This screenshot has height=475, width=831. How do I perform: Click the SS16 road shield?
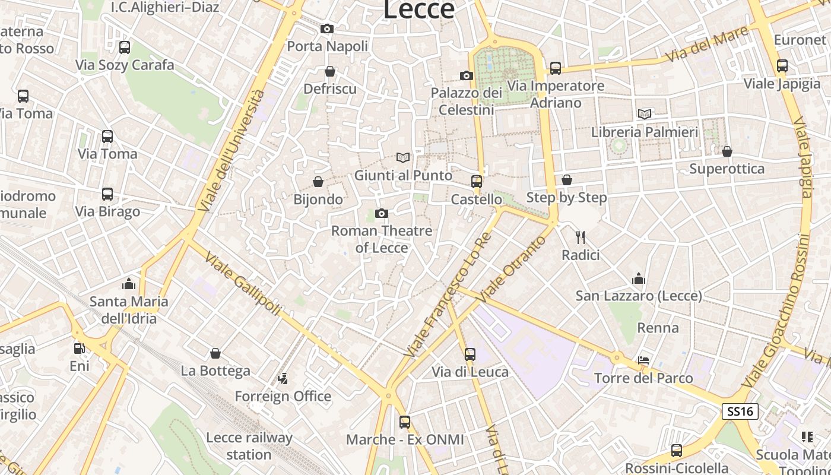tap(740, 411)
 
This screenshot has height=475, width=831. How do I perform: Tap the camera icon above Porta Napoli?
tap(326, 28)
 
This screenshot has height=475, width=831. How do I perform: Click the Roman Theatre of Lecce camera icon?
tap(382, 213)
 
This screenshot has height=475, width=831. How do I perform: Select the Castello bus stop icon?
tap(477, 182)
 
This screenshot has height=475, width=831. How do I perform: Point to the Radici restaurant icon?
tap(581, 237)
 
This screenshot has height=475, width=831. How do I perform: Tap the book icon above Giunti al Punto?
tap(403, 157)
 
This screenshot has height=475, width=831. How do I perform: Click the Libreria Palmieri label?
tap(645, 132)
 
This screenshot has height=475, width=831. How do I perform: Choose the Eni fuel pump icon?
tap(79, 349)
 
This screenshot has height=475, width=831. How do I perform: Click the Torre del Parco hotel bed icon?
tap(643, 360)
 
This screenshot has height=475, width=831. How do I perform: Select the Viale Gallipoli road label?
tap(243, 283)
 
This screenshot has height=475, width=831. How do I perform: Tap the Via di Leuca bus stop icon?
tap(470, 354)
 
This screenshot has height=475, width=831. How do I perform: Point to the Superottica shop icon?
tap(727, 151)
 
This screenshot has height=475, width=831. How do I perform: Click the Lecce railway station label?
tap(249, 446)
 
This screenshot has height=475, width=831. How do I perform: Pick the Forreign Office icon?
tap(283, 378)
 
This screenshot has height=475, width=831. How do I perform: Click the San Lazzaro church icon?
tap(639, 278)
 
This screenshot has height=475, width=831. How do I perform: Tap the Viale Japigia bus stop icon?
tap(782, 66)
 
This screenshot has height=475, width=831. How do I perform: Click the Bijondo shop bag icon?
tap(318, 182)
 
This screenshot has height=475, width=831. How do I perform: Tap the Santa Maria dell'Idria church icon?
tap(129, 284)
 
